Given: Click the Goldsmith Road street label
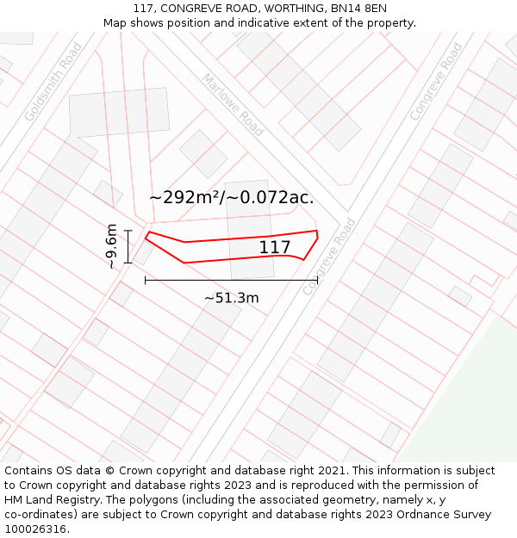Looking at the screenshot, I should click(53, 82).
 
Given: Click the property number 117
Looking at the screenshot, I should click(275, 248).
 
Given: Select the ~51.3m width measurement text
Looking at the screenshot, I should click(231, 298).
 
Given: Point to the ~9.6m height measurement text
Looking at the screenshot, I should click(111, 246).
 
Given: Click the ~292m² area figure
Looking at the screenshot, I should click(185, 197).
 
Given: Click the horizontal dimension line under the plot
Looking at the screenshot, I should click(231, 280).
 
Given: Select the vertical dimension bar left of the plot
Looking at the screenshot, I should click(128, 246).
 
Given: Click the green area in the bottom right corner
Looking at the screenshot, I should click(470, 405).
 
